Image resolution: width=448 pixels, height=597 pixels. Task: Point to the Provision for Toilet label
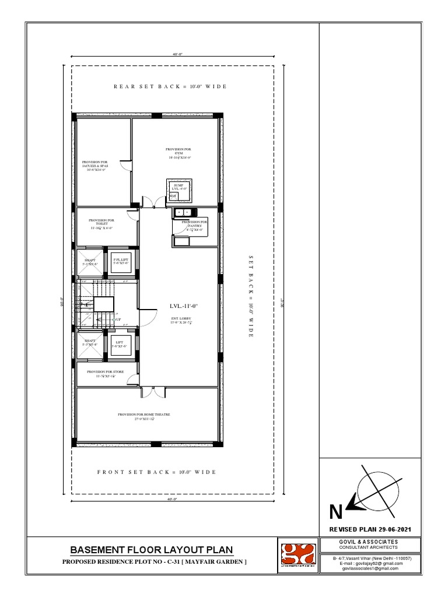point(101,224)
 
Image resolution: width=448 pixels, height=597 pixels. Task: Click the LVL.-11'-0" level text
point(184,306)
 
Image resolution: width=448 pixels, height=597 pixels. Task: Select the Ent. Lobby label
point(181,320)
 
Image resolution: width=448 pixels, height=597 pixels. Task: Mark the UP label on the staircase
point(118,320)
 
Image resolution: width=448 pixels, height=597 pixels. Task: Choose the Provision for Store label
point(105,374)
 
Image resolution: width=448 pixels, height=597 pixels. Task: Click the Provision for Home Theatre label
point(143,416)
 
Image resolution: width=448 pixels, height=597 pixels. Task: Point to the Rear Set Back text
point(170,86)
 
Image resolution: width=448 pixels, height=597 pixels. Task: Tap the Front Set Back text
point(156,472)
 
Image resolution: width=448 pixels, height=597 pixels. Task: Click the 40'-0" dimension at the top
point(174,54)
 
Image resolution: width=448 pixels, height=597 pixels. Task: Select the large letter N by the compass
point(335,512)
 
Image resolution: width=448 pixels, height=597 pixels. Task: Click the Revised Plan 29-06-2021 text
point(371,529)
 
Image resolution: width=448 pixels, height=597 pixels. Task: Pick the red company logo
point(297,557)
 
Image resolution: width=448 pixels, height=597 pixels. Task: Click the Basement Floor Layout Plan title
point(152,550)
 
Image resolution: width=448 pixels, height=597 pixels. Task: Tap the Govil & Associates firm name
point(371,542)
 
